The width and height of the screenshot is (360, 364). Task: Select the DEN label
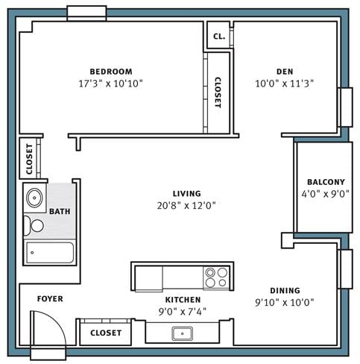coord(284,72)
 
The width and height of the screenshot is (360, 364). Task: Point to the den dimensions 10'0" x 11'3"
coord(284,84)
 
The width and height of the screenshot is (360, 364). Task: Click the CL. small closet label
coord(218,36)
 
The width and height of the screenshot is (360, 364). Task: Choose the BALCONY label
coord(326,182)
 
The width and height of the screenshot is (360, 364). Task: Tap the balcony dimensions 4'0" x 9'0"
coord(326,194)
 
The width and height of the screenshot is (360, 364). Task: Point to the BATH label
coord(60,212)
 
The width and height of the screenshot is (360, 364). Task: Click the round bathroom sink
coord(34,199)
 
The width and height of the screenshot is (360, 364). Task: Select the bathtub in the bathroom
coord(50,252)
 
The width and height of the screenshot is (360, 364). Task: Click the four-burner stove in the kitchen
coord(216,277)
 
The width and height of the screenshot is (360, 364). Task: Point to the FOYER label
coord(51,299)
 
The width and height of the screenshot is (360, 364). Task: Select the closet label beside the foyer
coord(105,333)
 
